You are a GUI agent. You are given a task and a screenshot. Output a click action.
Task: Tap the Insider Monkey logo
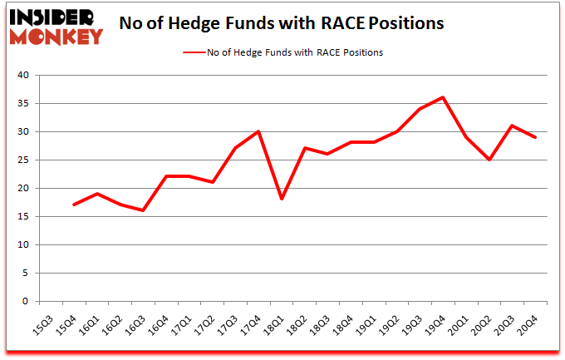tap(56, 25)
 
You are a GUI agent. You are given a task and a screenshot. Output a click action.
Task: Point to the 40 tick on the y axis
tap(22, 76)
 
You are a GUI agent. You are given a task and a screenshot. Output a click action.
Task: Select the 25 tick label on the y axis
tap(22, 160)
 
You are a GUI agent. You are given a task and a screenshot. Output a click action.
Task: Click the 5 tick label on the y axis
tap(25, 274)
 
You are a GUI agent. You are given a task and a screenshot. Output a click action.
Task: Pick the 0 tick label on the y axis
tap(25, 302)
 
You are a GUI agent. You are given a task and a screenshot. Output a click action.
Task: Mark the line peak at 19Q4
tap(444, 97)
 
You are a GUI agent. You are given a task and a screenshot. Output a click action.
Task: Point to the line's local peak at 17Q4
tap(259, 131)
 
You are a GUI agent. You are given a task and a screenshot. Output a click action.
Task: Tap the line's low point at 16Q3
tap(144, 210)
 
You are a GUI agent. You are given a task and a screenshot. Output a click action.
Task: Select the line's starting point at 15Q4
tap(75, 205)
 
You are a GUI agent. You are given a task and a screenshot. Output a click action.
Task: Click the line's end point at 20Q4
tap(536, 137)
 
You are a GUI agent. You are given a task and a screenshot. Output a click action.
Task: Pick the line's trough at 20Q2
tap(489, 160)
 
